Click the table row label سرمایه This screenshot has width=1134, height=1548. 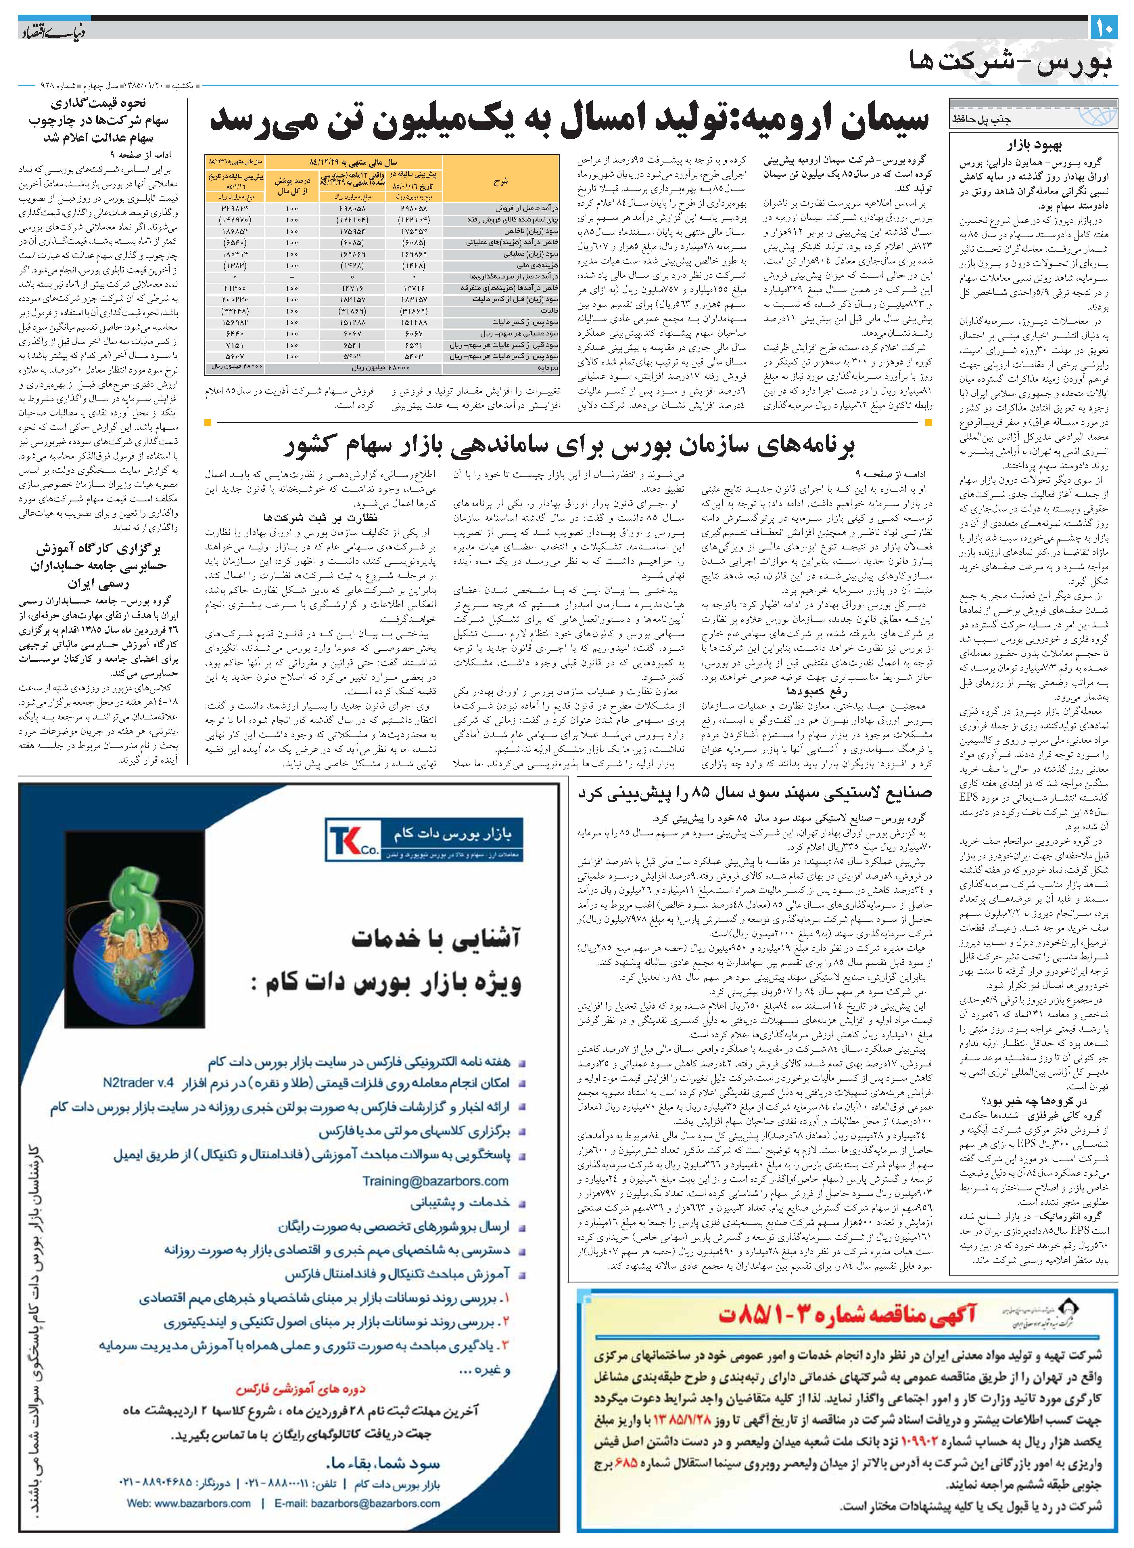coord(549,367)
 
